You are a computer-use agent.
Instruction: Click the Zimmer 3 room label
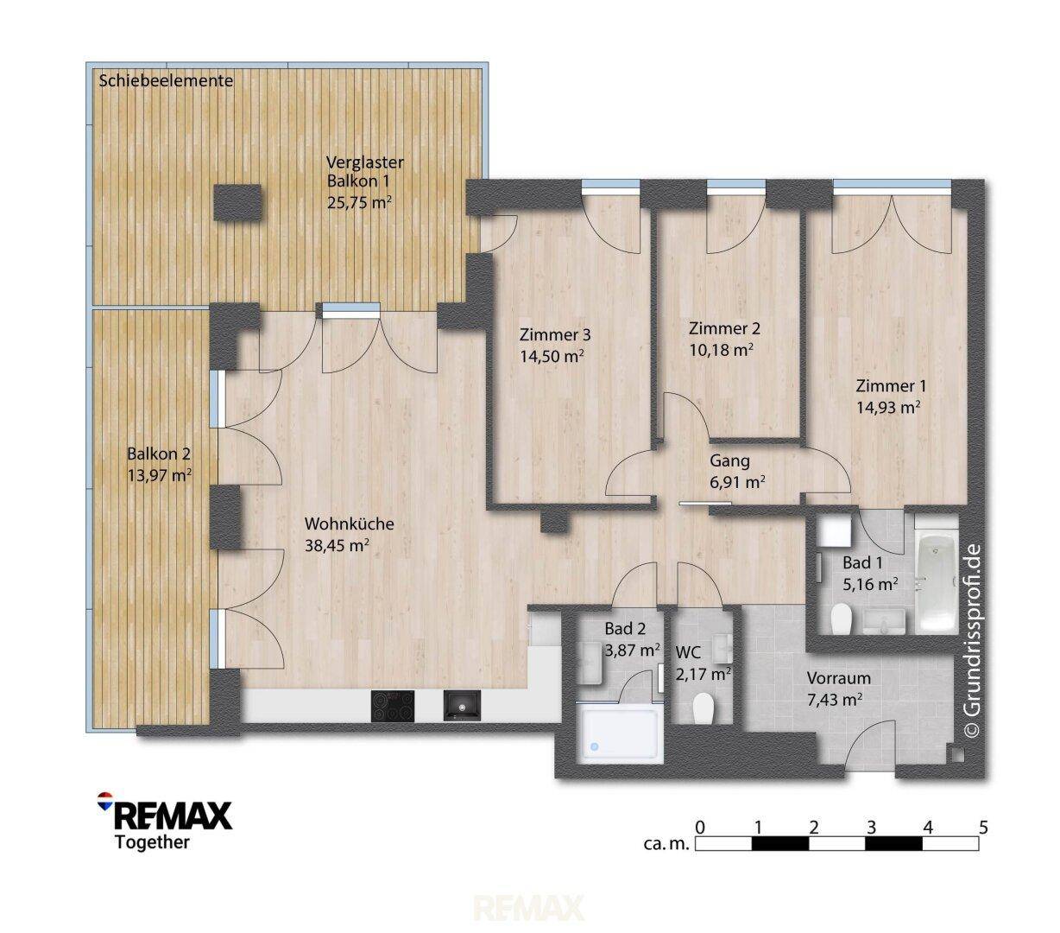tap(554, 334)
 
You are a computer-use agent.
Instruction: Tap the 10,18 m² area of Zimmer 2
tap(722, 350)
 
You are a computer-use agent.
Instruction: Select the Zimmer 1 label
tap(891, 386)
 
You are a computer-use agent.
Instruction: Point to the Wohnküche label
tap(349, 524)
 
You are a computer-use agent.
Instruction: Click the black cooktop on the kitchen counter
tap(393, 706)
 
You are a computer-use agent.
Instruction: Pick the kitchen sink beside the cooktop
tap(462, 705)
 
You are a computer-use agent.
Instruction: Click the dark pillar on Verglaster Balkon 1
tap(237, 202)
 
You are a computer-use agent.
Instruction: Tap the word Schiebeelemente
tap(166, 81)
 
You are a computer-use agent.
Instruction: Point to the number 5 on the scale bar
tap(983, 828)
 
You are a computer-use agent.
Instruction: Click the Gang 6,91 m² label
tap(737, 471)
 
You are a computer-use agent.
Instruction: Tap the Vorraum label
tap(839, 678)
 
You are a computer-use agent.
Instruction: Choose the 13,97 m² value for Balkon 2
tap(159, 475)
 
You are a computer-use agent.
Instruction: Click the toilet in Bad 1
tap(842, 619)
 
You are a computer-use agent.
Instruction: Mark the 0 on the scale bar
tap(700, 828)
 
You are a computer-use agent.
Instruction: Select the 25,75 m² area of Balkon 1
tap(359, 202)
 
